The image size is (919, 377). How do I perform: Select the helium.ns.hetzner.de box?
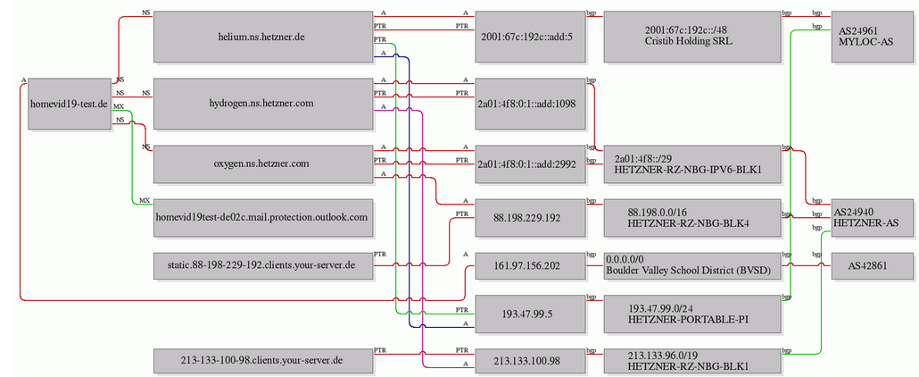[x=262, y=37]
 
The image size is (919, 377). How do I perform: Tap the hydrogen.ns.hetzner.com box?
[x=262, y=104]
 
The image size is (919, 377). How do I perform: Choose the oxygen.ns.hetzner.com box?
[x=262, y=163]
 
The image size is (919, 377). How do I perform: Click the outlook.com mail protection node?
[x=262, y=217]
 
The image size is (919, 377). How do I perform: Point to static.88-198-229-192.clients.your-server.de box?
[x=262, y=265]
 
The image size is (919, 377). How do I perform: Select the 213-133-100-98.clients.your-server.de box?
[x=262, y=361]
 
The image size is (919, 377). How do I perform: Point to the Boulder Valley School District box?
[x=691, y=265]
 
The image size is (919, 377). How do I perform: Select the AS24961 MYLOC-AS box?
[x=867, y=37]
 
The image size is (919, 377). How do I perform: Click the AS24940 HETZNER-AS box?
[x=867, y=217]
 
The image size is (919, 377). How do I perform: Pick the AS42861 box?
[x=867, y=265]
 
